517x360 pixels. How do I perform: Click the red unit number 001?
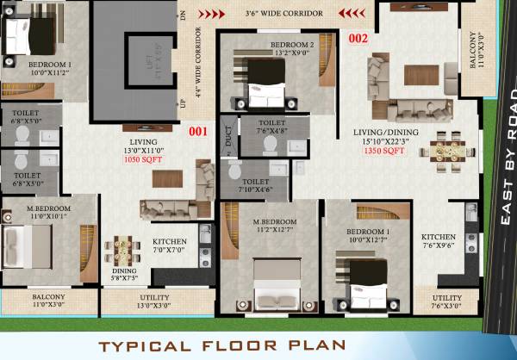coord(199,132)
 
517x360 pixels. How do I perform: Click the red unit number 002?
coord(358,38)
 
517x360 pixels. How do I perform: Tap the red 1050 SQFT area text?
coord(143,159)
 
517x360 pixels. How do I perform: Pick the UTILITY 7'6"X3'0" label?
coord(446,301)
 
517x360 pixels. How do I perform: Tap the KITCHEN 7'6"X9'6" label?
coord(439,240)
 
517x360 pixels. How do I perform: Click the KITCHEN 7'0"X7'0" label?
coord(170,245)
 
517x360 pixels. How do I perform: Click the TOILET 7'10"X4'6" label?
coord(255,186)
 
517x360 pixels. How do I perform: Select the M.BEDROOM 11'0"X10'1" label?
coord(48,212)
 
